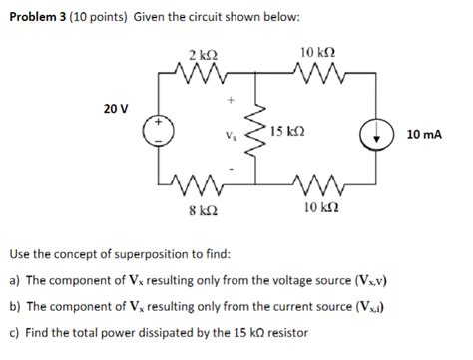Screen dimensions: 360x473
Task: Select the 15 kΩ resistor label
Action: coord(287,131)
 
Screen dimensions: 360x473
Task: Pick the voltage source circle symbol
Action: coord(158,133)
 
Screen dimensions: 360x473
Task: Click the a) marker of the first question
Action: coord(13,282)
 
